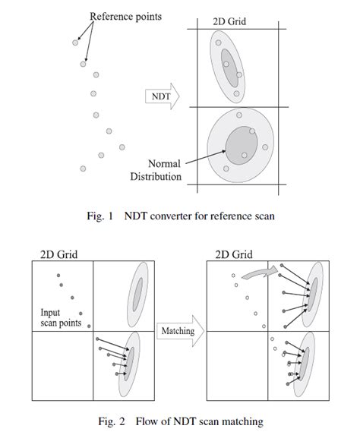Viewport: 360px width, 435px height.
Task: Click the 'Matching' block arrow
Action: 177,331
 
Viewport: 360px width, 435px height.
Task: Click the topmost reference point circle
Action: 74,43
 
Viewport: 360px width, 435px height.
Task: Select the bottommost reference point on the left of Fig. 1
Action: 82,168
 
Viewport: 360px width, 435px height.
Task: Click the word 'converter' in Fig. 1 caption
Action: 172,216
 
